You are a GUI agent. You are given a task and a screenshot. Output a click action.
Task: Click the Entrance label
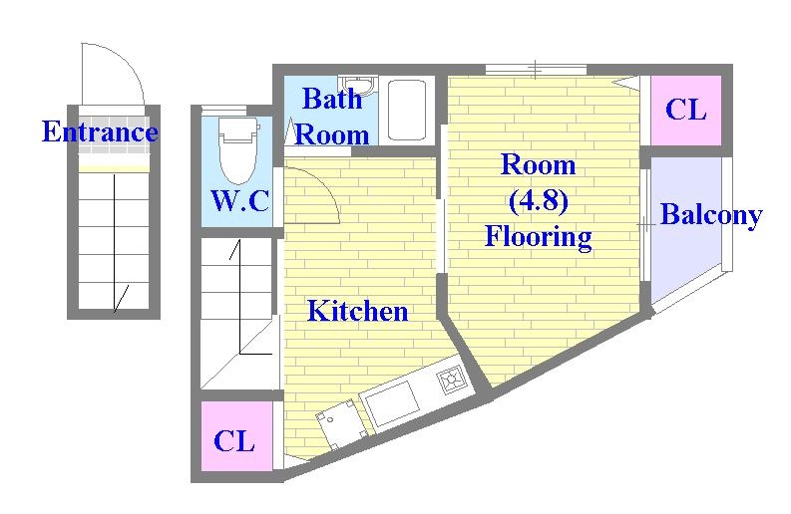99,131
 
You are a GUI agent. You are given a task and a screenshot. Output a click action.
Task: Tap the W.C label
239,201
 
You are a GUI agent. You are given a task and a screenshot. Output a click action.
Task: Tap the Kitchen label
356,311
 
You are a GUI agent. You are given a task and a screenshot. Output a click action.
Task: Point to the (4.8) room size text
538,200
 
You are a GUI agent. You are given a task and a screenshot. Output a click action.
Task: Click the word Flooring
538,236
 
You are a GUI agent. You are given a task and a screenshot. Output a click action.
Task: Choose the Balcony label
710,215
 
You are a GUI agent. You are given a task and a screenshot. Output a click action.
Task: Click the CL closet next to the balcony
685,110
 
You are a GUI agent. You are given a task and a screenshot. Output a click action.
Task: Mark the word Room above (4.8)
538,164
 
